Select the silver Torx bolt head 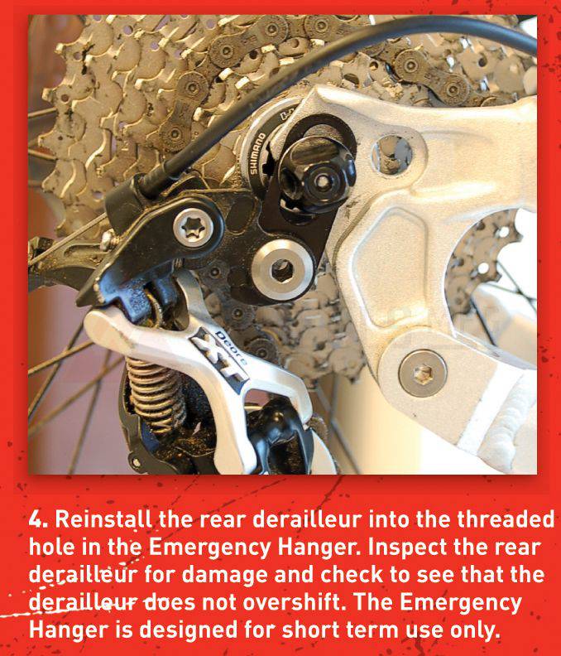coord(193,228)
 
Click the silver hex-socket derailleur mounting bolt coord(283,270)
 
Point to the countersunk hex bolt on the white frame coord(423,374)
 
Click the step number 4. coord(38,519)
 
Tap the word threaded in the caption coord(506,519)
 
